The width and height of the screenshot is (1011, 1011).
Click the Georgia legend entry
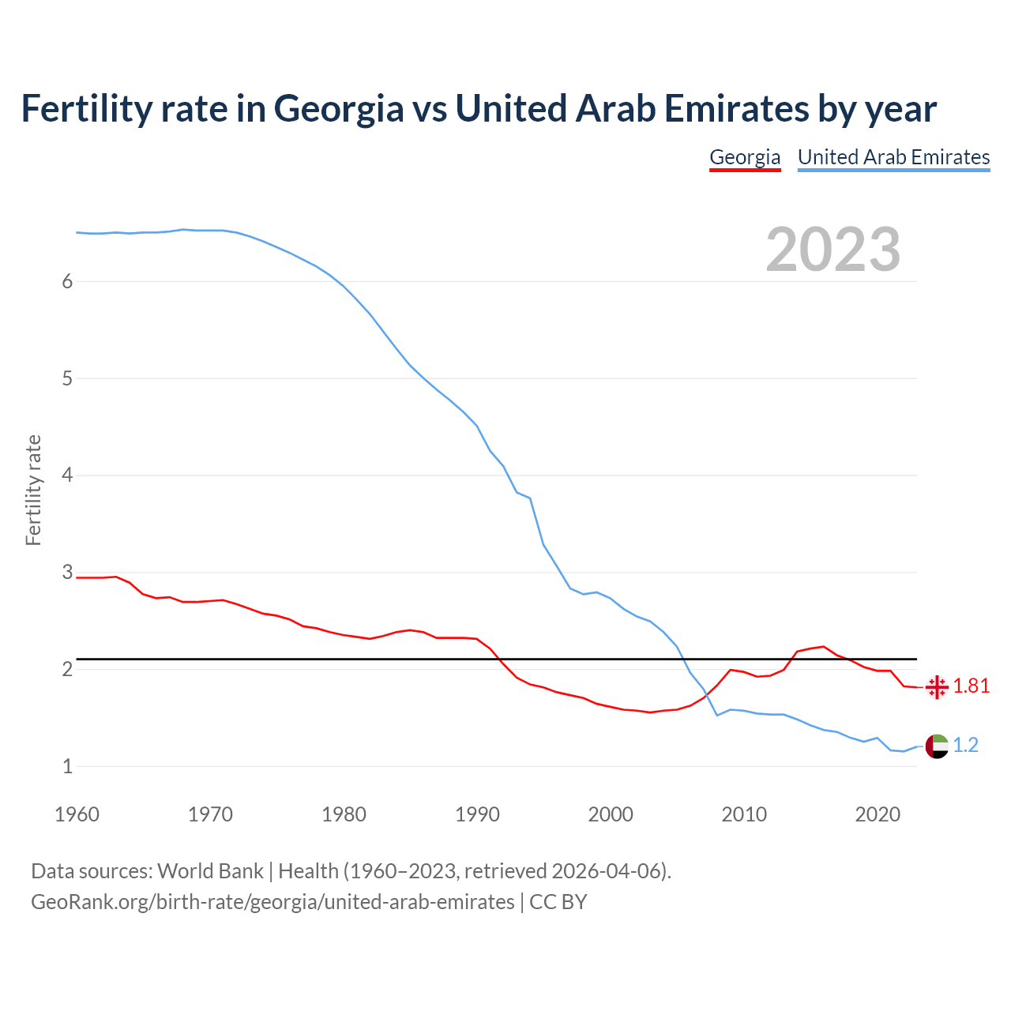pyautogui.click(x=745, y=157)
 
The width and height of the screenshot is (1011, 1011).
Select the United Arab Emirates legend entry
pyautogui.click(x=893, y=157)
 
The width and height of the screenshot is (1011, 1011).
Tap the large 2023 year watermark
pyautogui.click(x=832, y=250)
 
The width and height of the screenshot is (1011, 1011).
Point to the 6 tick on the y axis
pyautogui.click(x=67, y=282)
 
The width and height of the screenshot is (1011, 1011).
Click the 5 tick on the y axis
pyautogui.click(x=67, y=378)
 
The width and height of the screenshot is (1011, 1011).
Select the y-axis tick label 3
pyautogui.click(x=67, y=572)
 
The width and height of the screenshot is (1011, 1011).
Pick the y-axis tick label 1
pyautogui.click(x=67, y=766)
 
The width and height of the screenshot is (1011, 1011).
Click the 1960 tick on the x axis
pyautogui.click(x=77, y=814)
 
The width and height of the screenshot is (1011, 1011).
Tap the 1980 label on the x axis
pyautogui.click(x=344, y=814)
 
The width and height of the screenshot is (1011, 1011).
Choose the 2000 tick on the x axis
pyautogui.click(x=611, y=814)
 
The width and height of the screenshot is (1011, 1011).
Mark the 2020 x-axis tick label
pyautogui.click(x=878, y=814)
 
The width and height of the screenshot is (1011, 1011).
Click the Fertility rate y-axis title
pyautogui.click(x=33, y=490)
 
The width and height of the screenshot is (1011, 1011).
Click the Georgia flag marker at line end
pyautogui.click(x=937, y=687)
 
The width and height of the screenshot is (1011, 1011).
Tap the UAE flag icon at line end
pyautogui.click(x=937, y=746)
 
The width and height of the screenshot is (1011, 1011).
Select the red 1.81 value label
pyautogui.click(x=972, y=686)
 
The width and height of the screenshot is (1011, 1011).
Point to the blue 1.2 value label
pyautogui.click(x=966, y=746)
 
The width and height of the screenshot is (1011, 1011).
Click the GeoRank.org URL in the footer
pyautogui.click(x=272, y=902)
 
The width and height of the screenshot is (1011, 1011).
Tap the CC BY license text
pyautogui.click(x=558, y=902)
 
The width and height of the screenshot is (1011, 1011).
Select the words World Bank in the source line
pyautogui.click(x=210, y=871)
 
